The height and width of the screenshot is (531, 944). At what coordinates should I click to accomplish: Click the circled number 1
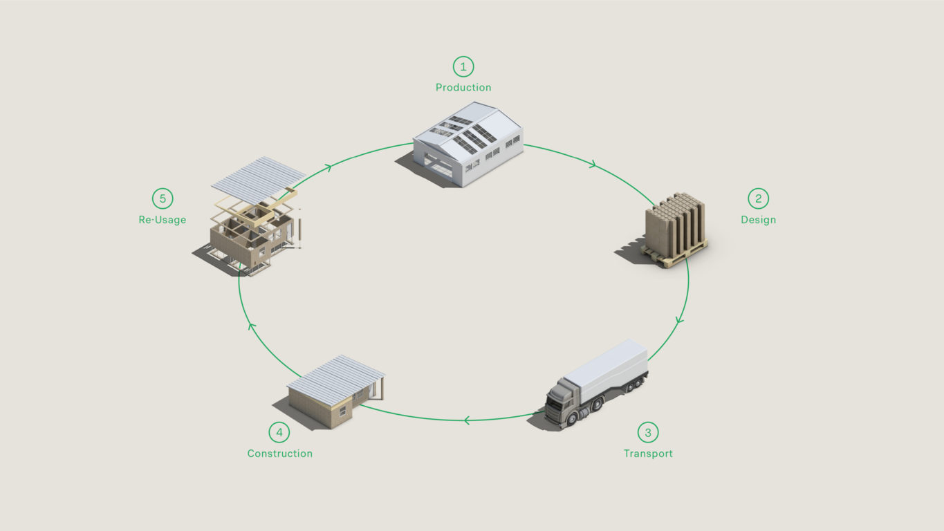coord(463,66)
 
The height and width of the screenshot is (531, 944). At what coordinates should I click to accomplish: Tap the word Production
coord(463,87)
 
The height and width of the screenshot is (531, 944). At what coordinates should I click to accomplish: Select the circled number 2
coord(758,198)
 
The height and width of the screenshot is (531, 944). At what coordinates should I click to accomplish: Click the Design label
coord(758,220)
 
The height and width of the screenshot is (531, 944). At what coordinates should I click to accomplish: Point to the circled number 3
coord(648,432)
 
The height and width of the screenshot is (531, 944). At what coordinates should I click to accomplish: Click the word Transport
coord(648,454)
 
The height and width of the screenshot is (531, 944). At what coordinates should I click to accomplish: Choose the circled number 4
coord(279,432)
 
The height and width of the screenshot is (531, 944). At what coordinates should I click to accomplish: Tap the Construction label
coord(280,454)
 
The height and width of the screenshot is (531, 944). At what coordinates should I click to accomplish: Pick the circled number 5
coord(163,198)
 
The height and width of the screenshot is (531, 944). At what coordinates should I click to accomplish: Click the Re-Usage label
coord(163,220)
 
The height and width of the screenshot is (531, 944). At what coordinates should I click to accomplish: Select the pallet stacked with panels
coord(675,230)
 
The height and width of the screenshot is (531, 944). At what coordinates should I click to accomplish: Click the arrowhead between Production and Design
coord(593,164)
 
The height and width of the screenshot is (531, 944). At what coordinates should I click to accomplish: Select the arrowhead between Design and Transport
coord(679,320)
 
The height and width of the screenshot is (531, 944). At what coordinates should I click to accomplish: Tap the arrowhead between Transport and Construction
coord(467,420)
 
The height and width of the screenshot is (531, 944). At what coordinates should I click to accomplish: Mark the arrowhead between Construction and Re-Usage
coord(251,326)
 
